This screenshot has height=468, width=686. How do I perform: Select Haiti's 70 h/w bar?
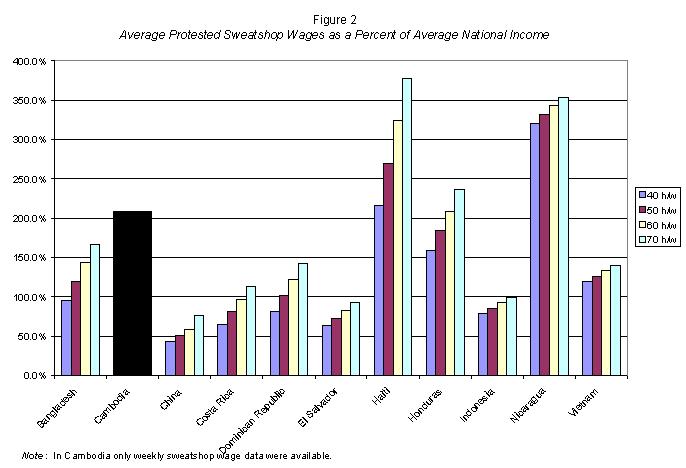(406, 227)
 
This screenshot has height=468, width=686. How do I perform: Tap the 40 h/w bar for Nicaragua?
(535, 249)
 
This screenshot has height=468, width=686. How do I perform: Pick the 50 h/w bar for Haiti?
(388, 269)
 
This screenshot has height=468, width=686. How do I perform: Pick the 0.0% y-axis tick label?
(34, 376)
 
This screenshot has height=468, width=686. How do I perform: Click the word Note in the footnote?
(35, 456)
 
